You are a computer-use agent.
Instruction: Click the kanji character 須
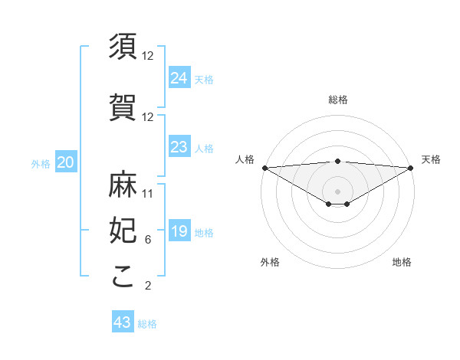[x=123, y=47]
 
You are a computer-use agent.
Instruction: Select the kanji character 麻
[x=123, y=184]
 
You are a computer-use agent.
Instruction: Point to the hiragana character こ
[x=123, y=277]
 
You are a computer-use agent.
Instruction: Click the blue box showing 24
[x=179, y=77]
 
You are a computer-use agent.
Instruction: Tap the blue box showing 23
[x=179, y=147]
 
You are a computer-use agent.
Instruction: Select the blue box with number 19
[x=179, y=231]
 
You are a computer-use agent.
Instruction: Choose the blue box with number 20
[x=66, y=162]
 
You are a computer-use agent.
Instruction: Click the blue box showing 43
[x=123, y=322]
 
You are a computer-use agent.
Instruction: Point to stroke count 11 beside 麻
[x=148, y=194]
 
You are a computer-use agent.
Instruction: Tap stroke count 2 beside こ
[x=147, y=286]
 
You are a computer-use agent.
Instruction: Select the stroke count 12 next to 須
[x=148, y=56]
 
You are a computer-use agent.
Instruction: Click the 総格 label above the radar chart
[x=338, y=100]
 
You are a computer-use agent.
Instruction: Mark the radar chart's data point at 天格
[x=411, y=168]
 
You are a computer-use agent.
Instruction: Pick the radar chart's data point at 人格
[x=264, y=168]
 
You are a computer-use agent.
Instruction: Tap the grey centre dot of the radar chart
[x=338, y=191]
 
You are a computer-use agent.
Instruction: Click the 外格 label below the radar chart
[x=270, y=262]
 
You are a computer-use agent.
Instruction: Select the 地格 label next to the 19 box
[x=205, y=232]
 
